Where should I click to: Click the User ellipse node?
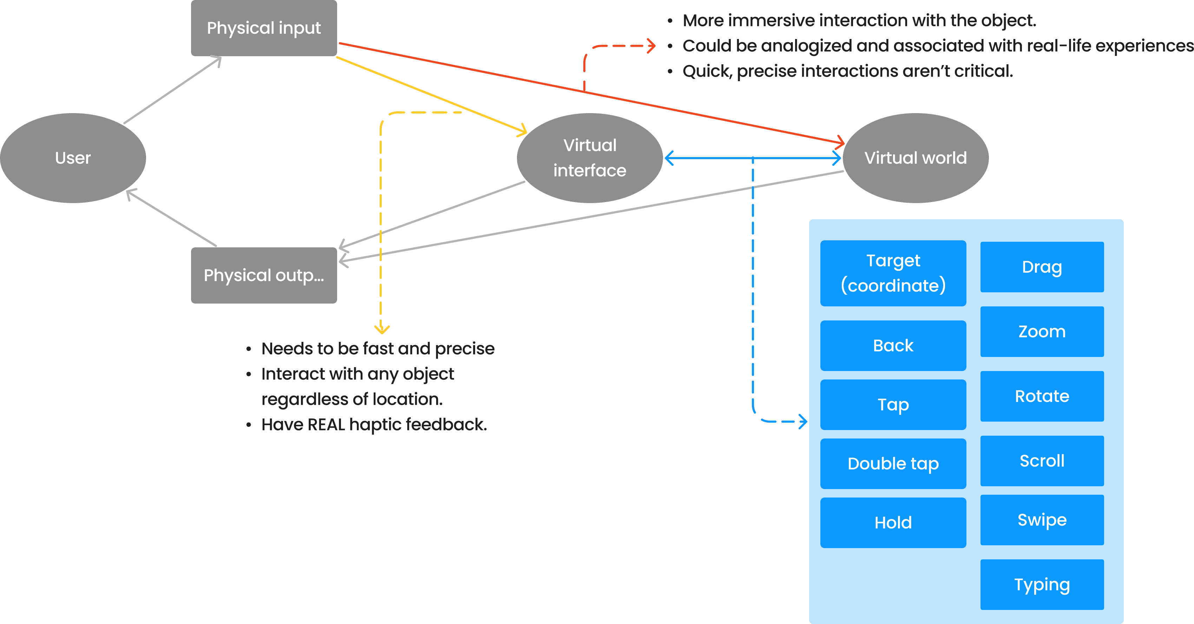pyautogui.click(x=73, y=158)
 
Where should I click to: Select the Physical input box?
pyautogui.click(x=264, y=28)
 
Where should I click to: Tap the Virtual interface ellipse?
pyautogui.click(x=590, y=158)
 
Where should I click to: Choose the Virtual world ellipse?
pyautogui.click(x=916, y=158)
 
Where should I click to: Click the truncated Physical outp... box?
pyautogui.click(x=264, y=275)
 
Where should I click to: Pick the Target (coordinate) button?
pyautogui.click(x=893, y=273)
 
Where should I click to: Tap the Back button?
pyautogui.click(x=893, y=345)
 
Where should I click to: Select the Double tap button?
pyautogui.click(x=893, y=463)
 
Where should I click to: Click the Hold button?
pyautogui.click(x=893, y=522)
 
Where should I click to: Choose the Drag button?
pyautogui.click(x=1042, y=267)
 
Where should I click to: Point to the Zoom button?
pyautogui.click(x=1042, y=331)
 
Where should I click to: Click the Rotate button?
pyautogui.click(x=1042, y=396)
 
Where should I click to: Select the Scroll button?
pyautogui.click(x=1042, y=461)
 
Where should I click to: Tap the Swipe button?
pyautogui.click(x=1042, y=520)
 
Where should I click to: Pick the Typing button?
pyautogui.click(x=1042, y=585)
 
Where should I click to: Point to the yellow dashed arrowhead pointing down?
pyautogui.click(x=381, y=330)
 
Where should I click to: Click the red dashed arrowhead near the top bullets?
pyautogui.click(x=651, y=46)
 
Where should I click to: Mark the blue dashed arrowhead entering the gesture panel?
pyautogui.click(x=803, y=421)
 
